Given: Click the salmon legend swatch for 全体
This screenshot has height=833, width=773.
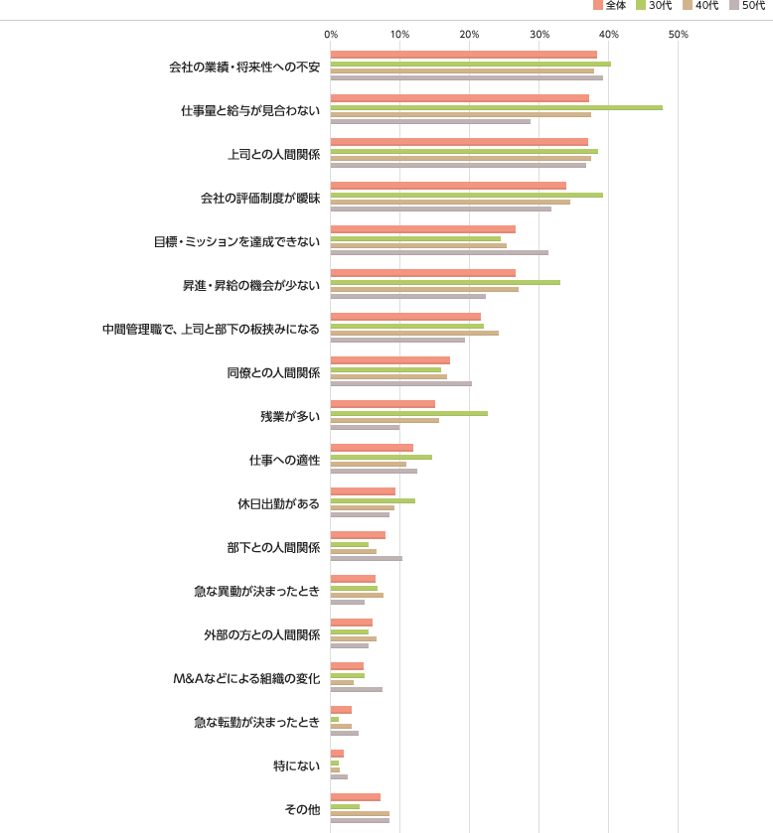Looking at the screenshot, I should [598, 5].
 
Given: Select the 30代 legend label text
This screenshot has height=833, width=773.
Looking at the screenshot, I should [660, 5].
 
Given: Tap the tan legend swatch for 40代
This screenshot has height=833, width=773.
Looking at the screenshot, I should [688, 5].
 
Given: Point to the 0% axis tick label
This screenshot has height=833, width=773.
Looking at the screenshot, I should [331, 35].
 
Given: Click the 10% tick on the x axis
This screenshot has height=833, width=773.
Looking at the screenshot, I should [399, 35].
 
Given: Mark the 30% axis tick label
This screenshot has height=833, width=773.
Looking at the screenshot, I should [540, 35].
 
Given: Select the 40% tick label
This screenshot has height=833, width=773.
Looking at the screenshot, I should [609, 35].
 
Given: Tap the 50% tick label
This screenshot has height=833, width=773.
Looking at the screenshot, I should [679, 35].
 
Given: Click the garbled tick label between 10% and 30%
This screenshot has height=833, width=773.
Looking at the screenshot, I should [469, 35].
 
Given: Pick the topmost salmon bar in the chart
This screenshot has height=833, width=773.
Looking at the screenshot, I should [463, 55].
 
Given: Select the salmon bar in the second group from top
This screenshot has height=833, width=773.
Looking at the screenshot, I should [459, 98].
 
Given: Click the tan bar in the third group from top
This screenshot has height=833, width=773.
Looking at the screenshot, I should [460, 158].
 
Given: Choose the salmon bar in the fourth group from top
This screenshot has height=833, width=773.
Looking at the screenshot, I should [448, 186].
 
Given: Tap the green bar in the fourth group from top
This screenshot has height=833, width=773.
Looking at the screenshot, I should [467, 195].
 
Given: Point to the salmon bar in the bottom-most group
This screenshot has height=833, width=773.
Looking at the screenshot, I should [355, 797].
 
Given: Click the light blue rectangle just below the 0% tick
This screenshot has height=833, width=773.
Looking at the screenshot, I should [363, 46].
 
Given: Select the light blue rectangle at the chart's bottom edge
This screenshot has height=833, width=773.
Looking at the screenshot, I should [363, 827].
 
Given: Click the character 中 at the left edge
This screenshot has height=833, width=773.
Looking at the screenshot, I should [107, 330].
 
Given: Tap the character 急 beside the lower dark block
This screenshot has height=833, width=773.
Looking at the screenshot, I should [200, 723].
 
